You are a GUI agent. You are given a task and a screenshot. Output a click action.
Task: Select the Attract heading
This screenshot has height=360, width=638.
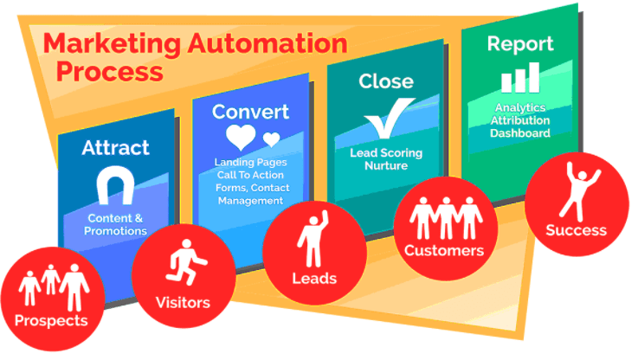(116, 147)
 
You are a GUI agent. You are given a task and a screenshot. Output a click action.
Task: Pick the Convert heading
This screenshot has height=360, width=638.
(250, 112)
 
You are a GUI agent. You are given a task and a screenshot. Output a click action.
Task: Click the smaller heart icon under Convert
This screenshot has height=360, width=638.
(271, 139)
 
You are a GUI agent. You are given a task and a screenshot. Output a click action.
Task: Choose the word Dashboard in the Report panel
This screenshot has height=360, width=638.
(519, 133)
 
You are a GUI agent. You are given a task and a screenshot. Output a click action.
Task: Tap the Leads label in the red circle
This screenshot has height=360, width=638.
(313, 279)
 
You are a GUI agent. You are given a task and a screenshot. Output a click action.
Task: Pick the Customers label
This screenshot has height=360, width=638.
(444, 251)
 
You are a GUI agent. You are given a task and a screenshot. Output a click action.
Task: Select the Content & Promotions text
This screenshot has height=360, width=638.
(116, 225)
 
